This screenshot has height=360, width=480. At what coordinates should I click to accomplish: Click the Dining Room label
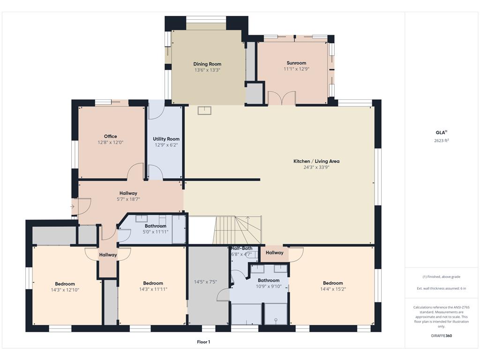coord(207,64)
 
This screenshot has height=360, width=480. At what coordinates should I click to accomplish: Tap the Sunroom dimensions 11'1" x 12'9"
coord(296,69)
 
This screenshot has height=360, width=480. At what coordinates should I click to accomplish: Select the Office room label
coord(111,136)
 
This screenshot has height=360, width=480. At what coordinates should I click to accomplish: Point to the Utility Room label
coord(166,139)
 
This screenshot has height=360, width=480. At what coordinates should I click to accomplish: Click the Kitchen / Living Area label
coord(316,161)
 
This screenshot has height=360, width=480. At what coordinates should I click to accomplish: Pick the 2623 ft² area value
coord(442,141)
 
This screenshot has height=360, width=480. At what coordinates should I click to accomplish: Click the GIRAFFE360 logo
coord(442,336)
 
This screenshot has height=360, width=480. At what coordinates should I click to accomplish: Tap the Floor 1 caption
coord(203,342)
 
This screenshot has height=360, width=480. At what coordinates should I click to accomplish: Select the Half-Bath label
coord(242,248)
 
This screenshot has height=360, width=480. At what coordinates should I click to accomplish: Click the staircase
coord(237,230)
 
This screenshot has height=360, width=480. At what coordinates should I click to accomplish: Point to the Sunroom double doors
coord(282,98)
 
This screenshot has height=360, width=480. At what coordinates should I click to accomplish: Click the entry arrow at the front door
coord(72,207)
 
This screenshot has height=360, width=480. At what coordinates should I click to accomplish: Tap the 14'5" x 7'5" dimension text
coord(205,282)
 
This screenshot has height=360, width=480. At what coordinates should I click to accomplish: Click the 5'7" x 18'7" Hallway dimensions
coord(128,199)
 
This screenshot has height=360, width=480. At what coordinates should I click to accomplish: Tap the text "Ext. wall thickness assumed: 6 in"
coord(442,288)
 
